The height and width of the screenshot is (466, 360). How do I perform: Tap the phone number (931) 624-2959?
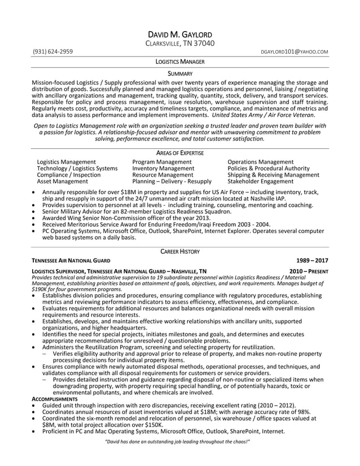coord(52,52)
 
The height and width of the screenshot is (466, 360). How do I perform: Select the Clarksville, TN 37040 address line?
coord(180,43)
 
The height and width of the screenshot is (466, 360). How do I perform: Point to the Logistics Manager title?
coord(180,61)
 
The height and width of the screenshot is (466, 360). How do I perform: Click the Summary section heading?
coord(180,74)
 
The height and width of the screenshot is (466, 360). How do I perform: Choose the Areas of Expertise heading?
coord(180,153)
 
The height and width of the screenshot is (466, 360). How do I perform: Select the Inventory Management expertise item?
coord(163,168)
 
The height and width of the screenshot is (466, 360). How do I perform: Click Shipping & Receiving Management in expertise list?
coord(273,175)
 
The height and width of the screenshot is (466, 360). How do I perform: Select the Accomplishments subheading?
coord(54,399)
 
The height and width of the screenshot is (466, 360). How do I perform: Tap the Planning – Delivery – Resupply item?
coord(172,182)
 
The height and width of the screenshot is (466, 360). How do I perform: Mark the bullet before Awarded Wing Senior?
coord(36,218)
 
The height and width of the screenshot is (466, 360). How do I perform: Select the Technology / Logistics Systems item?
coord(77,168)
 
